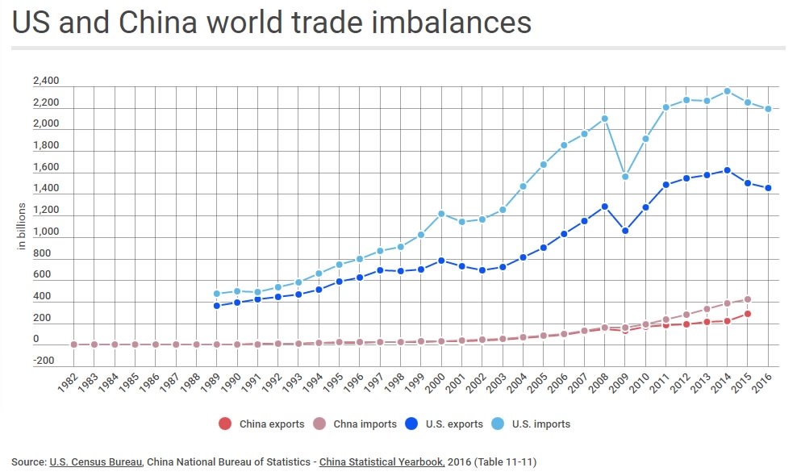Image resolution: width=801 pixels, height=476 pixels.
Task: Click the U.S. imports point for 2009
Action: pyautogui.click(x=625, y=177)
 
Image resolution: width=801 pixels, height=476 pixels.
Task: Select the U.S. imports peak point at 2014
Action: pyautogui.click(x=727, y=91)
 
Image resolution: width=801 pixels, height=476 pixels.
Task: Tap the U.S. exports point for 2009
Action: pyautogui.click(x=625, y=231)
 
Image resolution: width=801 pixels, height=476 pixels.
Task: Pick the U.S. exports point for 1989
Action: pyautogui.click(x=216, y=306)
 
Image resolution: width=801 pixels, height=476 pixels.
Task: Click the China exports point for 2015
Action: pyautogui.click(x=748, y=314)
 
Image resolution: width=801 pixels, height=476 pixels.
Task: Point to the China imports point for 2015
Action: pyautogui.click(x=748, y=299)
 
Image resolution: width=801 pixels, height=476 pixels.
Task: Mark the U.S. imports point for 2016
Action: pyautogui.click(x=768, y=109)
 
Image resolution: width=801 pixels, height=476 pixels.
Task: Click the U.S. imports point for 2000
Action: pyautogui.click(x=441, y=214)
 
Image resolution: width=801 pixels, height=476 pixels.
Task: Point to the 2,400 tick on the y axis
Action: pyautogui.click(x=46, y=81)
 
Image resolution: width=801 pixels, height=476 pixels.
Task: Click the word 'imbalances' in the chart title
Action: pyautogui.click(x=451, y=22)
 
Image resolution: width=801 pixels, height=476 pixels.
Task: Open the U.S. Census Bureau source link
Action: pyautogui.click(x=97, y=462)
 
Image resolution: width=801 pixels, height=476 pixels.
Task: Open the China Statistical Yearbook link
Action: pyautogui.click(x=382, y=462)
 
